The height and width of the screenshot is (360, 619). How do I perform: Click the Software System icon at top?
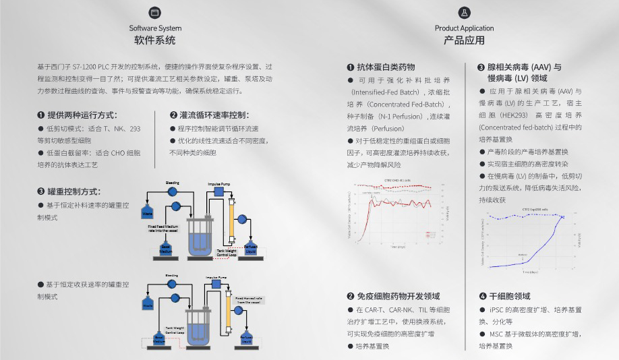(x=155, y=13)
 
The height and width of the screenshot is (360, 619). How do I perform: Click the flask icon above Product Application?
(x=464, y=13)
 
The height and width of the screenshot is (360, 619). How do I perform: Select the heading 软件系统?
(x=155, y=40)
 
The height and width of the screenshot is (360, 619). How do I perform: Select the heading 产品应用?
(x=464, y=40)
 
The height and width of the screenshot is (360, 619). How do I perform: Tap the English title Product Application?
(x=464, y=28)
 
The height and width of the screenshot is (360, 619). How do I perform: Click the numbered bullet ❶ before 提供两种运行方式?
(x=42, y=115)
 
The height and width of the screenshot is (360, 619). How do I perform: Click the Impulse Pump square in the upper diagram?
(x=218, y=192)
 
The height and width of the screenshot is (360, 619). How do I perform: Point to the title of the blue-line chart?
(x=533, y=210)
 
